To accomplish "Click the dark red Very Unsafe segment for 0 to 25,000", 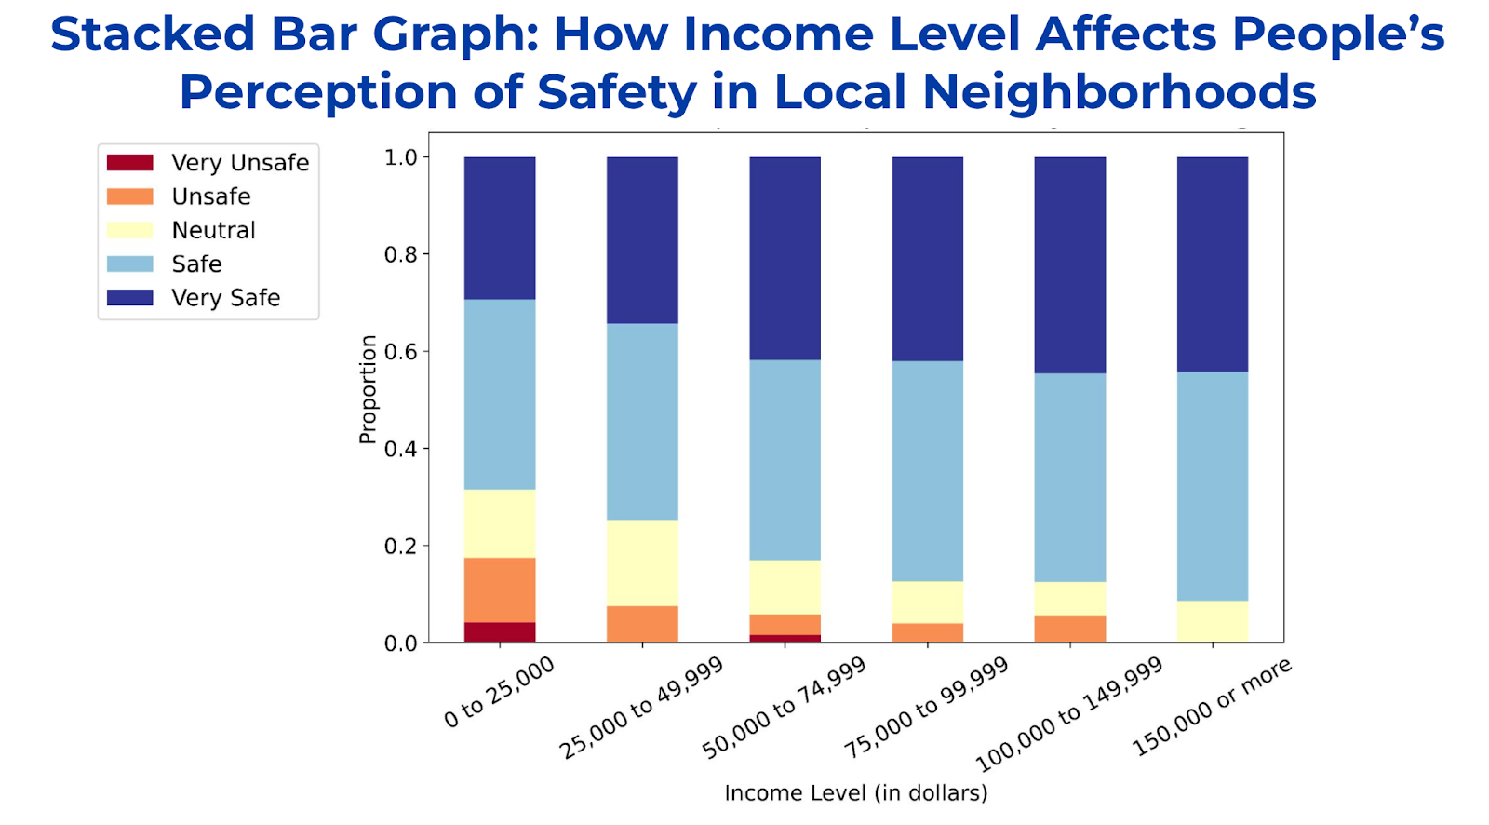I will pyautogui.click(x=500, y=632).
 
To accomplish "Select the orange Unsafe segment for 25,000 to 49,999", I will pyautogui.click(x=642, y=624).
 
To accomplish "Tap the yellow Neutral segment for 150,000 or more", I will pyautogui.click(x=1213, y=621).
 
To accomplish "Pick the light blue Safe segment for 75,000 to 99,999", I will pyautogui.click(x=928, y=471).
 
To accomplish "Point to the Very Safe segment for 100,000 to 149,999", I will pyautogui.click(x=1070, y=265).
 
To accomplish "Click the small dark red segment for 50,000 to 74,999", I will pyautogui.click(x=785, y=638).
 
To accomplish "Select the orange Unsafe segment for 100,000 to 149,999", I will pyautogui.click(x=1070, y=629).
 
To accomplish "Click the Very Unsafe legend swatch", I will pyautogui.click(x=130, y=163).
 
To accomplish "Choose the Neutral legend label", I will pyautogui.click(x=213, y=230).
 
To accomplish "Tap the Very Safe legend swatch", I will pyautogui.click(x=130, y=298).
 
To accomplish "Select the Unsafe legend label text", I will pyautogui.click(x=211, y=196).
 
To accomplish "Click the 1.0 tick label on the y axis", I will pyautogui.click(x=402, y=157).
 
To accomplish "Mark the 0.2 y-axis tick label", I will pyautogui.click(x=402, y=547).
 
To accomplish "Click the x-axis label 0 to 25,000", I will pyautogui.click(x=499, y=692).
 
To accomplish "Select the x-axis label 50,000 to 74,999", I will pyautogui.click(x=784, y=708).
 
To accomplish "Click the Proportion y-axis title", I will pyautogui.click(x=369, y=389).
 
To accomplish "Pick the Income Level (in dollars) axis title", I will pyautogui.click(x=855, y=793).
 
